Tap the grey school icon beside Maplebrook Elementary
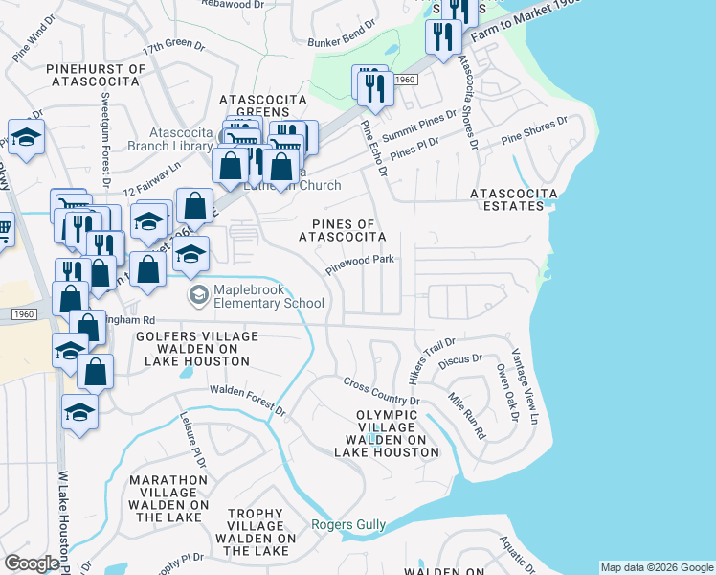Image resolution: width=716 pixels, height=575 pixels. pyautogui.click(x=198, y=295)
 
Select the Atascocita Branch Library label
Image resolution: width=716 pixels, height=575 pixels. pyautogui.click(x=180, y=140)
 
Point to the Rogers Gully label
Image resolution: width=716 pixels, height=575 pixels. pyautogui.click(x=348, y=524)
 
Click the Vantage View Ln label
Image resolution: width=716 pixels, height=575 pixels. pyautogui.click(x=526, y=385)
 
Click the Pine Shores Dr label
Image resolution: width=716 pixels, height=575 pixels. pyautogui.click(x=534, y=130)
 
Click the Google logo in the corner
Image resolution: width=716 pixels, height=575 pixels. pyautogui.click(x=32, y=563)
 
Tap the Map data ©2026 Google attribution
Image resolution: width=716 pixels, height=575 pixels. pyautogui.click(x=657, y=567)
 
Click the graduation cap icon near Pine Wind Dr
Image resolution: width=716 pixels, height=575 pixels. pyautogui.click(x=27, y=138)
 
